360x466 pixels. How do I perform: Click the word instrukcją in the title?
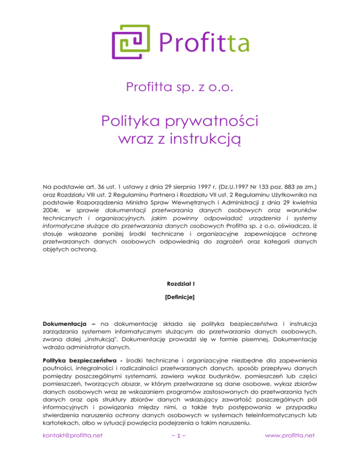(207, 139)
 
